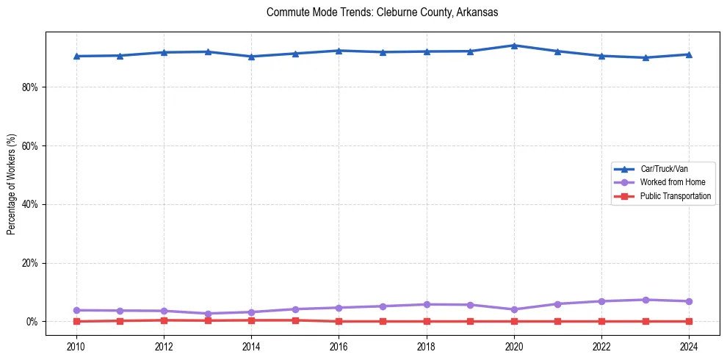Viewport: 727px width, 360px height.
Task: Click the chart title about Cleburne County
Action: [x=383, y=12]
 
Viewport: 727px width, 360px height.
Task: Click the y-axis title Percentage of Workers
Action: [x=11, y=184]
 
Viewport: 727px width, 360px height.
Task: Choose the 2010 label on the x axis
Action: [x=76, y=346]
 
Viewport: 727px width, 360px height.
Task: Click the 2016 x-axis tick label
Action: [x=339, y=346]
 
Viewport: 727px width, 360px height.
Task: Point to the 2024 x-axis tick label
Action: [x=689, y=346]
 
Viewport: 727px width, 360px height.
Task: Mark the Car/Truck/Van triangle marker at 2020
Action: [x=514, y=46]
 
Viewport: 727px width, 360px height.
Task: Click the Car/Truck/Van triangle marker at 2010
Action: [x=76, y=56]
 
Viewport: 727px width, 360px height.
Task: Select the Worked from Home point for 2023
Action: [x=645, y=300]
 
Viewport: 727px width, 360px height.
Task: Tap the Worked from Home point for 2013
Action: [x=207, y=314]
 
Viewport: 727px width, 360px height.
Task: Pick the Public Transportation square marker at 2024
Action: [x=689, y=321]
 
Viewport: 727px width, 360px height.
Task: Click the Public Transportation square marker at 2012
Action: [x=164, y=320]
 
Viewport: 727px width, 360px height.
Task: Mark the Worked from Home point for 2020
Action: [x=514, y=309]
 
